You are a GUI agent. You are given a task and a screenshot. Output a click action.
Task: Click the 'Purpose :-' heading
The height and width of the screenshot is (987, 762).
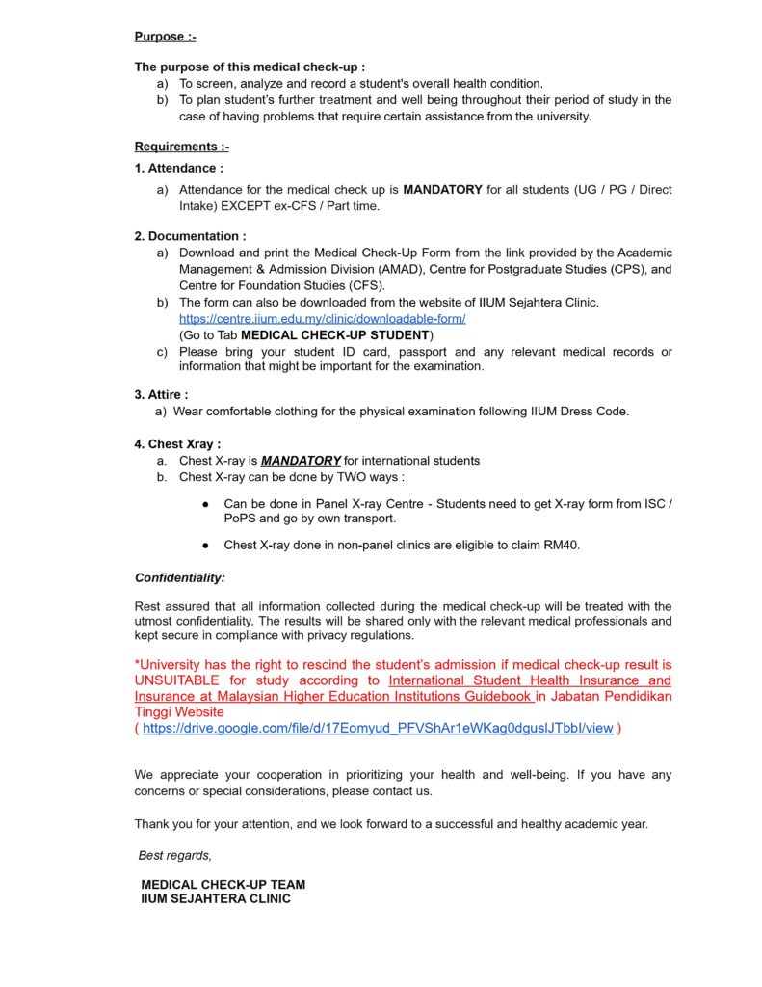click(x=165, y=37)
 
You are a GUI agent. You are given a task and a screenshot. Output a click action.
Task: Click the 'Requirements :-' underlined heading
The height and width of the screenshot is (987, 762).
click(x=181, y=147)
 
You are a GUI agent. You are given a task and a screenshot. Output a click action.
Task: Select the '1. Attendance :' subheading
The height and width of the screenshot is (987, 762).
click(x=178, y=168)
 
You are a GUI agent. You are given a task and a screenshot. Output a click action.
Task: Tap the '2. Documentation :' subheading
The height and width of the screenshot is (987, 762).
click(x=190, y=236)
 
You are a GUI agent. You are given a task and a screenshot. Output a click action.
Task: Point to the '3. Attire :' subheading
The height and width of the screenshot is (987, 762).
click(x=161, y=394)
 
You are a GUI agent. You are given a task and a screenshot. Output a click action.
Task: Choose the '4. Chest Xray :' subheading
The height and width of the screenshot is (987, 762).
click(x=177, y=444)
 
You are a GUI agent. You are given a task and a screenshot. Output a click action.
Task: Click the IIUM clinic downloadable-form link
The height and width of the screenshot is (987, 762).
click(x=322, y=318)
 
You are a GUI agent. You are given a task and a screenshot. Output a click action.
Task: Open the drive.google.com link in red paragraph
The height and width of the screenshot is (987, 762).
click(x=377, y=729)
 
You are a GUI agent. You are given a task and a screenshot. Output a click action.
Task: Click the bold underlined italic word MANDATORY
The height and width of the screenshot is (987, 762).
click(x=301, y=461)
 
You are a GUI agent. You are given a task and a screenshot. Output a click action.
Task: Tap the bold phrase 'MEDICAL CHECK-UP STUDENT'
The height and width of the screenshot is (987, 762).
click(x=334, y=334)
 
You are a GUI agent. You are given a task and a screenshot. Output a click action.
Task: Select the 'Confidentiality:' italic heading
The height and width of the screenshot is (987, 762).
click(x=179, y=578)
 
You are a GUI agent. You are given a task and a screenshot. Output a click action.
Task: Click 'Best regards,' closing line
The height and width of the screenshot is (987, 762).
click(x=174, y=856)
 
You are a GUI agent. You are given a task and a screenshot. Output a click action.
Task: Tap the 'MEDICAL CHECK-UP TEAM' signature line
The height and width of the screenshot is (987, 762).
click(x=223, y=884)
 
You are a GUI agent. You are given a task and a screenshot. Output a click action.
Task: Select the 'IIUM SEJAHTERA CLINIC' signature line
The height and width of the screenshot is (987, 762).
click(x=216, y=898)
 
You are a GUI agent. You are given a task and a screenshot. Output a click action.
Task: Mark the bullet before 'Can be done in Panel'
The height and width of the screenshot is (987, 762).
click(x=206, y=504)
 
